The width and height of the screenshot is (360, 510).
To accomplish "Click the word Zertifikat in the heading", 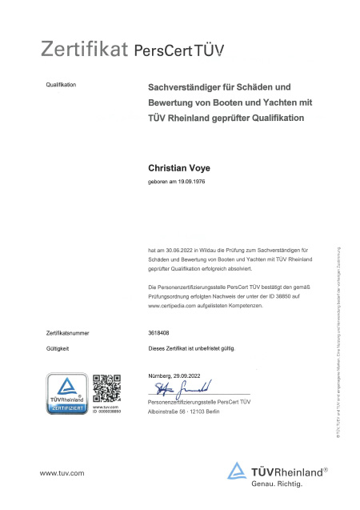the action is [x=84, y=50].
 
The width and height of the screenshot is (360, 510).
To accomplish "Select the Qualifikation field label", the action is [x=60, y=85].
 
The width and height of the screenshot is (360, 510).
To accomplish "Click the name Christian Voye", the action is [x=178, y=168].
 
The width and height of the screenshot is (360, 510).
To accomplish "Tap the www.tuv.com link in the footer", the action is [x=62, y=474].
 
